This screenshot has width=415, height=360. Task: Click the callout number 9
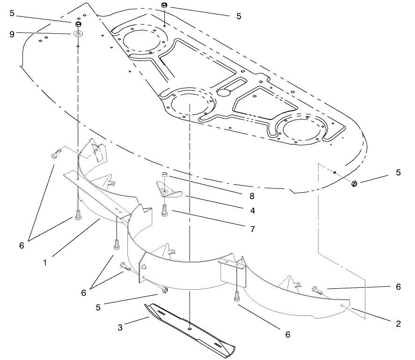pyautogui.click(x=12, y=33)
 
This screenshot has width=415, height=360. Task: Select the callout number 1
pyautogui.click(x=45, y=263)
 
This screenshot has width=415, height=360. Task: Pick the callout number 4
pyautogui.click(x=252, y=211)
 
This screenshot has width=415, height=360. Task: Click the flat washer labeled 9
pyautogui.click(x=78, y=34)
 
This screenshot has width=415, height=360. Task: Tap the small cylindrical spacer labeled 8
pyautogui.click(x=165, y=175)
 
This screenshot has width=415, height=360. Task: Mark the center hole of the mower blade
pyautogui.click(x=189, y=329)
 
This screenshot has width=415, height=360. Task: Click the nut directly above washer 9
pyautogui.click(x=78, y=24)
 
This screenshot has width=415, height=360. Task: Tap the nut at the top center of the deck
pyautogui.click(x=164, y=6)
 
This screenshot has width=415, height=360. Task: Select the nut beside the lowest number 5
pyautogui.click(x=165, y=291)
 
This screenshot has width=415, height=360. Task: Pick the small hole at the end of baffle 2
pyautogui.click(x=344, y=305)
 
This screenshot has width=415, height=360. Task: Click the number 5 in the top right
pyautogui.click(x=239, y=16)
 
